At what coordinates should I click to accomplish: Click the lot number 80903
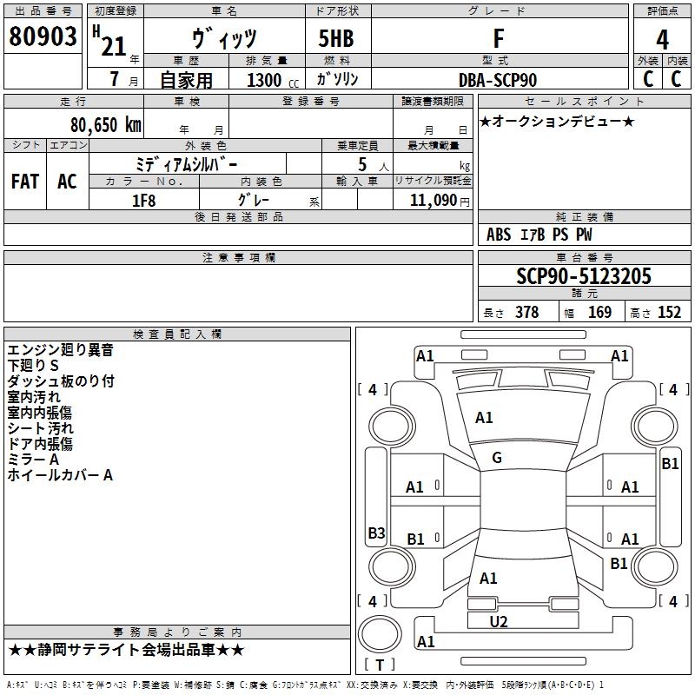click(43, 36)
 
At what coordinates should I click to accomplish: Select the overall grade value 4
click(662, 39)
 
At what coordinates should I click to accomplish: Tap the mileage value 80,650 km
click(106, 125)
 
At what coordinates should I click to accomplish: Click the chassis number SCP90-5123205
click(584, 276)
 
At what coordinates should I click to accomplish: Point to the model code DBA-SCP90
click(498, 80)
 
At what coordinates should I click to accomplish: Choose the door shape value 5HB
click(336, 38)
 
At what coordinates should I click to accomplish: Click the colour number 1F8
click(144, 201)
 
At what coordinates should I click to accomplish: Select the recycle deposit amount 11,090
click(433, 201)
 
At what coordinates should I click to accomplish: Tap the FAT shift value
click(25, 182)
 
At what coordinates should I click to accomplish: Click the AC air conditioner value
click(67, 182)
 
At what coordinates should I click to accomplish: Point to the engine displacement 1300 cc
click(273, 80)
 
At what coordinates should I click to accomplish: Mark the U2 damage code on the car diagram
click(498, 622)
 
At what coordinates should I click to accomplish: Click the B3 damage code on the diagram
click(376, 533)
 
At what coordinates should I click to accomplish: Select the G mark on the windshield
click(497, 458)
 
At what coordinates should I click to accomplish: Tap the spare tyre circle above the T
click(380, 634)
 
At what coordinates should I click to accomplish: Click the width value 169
click(599, 312)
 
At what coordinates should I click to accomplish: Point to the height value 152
click(669, 312)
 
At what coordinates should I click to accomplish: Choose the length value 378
click(527, 312)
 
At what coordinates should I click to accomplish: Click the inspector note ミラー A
click(33, 460)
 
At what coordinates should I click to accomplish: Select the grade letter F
click(499, 38)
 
